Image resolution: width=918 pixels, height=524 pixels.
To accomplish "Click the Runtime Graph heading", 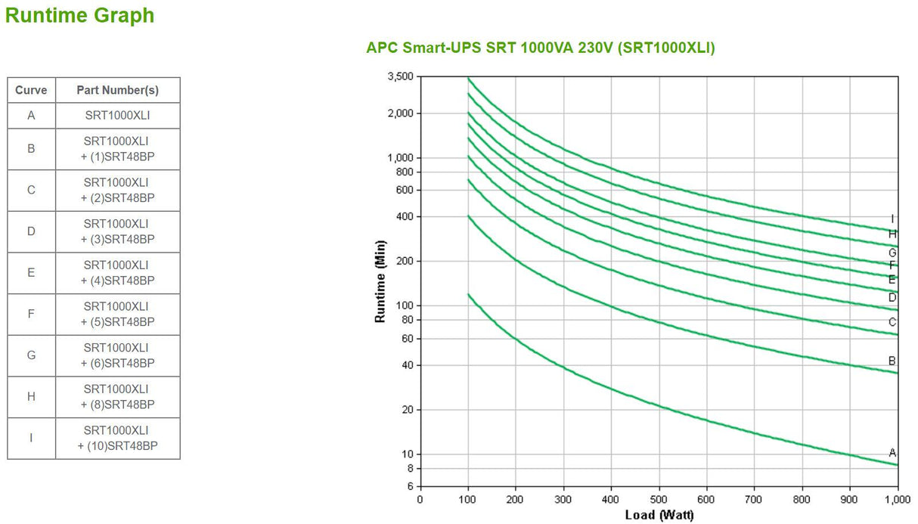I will pos(79,16).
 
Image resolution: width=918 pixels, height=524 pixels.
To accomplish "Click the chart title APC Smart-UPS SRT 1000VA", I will pos(540,48).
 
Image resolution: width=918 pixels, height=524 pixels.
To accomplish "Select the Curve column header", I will pos(31,91).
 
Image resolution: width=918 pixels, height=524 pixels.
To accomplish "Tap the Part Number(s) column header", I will pos(117,91).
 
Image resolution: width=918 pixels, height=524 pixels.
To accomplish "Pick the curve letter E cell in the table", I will pos(31,273).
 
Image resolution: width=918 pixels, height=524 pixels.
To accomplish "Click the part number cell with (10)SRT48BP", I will pos(117,439).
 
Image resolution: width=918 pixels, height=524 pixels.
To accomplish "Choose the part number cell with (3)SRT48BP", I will pos(117,231).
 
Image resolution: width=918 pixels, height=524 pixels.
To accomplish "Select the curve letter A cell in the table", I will pos(31,116).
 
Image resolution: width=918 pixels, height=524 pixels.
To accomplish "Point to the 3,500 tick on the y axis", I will pos(399,77).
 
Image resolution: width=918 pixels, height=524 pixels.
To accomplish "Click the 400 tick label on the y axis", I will pos(405,217).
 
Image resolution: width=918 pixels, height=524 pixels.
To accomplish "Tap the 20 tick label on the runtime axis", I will pos(407,410).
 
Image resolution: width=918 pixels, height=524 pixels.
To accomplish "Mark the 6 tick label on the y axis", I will pos(410,487).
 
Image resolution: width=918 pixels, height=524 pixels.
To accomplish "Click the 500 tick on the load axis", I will pos(659,500).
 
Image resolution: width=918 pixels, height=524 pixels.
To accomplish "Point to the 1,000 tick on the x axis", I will pos(897,500).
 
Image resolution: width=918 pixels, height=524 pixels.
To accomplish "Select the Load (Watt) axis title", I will pos(659,516).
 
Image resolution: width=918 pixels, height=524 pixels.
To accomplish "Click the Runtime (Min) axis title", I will pos(380,281).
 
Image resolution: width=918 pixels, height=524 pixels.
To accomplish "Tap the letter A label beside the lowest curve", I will pos(892,453).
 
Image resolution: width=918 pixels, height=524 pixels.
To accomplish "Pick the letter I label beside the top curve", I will pos(892,219).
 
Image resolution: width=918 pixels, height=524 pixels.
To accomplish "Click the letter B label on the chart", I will pos(892,361).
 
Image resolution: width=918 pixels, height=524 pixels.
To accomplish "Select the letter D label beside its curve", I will pos(892,298).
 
